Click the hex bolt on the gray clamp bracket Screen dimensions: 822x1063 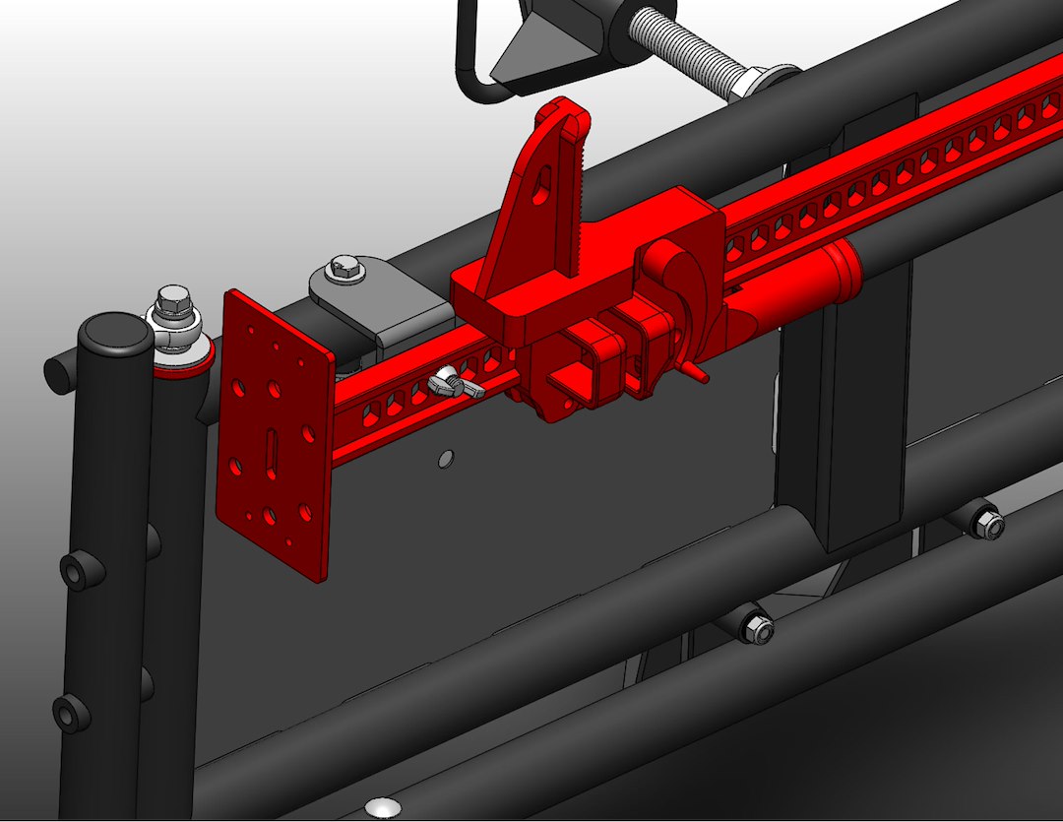click(x=342, y=266)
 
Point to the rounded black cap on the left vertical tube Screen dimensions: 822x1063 click(x=115, y=334)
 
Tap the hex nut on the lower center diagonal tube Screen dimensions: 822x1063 click(x=756, y=627)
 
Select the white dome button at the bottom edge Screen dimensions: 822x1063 click(x=382, y=809)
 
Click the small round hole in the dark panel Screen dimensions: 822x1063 click(x=446, y=459)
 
